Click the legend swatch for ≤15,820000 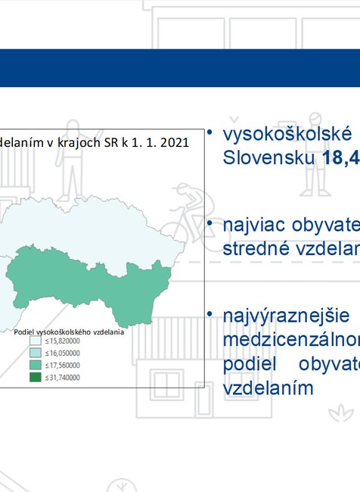click(35, 341)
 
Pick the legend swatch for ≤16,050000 click(35, 353)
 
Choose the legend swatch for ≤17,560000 click(35, 365)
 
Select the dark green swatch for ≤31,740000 click(35, 376)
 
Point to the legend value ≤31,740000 click(63, 376)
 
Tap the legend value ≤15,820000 click(63, 341)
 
